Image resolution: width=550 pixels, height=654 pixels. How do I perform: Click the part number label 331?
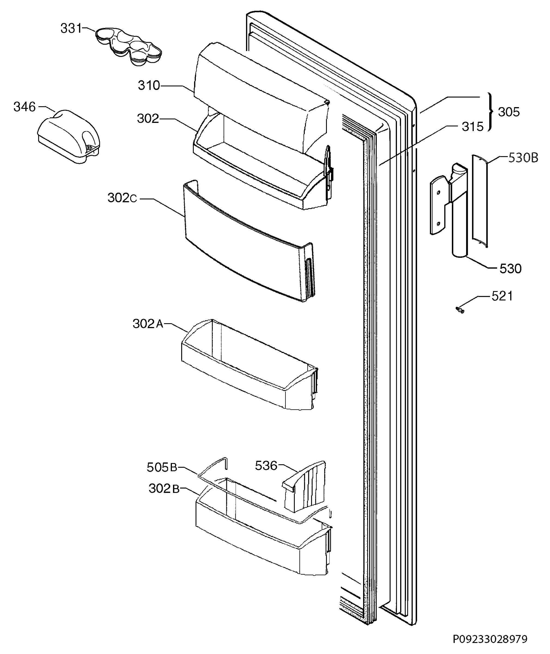pos(71,28)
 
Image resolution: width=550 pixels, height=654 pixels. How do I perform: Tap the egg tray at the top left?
pos(129,46)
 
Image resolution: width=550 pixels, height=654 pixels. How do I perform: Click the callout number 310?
pos(149,86)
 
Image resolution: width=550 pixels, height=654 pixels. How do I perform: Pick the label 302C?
pos(122,198)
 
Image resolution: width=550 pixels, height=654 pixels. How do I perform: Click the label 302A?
pos(148,324)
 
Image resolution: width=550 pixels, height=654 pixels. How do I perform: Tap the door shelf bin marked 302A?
pos(250,364)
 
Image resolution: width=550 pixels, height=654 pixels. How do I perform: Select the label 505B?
pos(162,467)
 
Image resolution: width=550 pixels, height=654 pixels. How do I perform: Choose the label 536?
pos(266,466)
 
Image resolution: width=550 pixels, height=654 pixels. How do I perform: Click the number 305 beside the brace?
pos(509,112)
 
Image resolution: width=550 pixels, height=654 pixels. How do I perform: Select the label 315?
pos(473,127)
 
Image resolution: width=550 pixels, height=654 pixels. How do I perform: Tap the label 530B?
pos(523,158)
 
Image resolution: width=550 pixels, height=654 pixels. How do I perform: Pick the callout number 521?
pos(502,296)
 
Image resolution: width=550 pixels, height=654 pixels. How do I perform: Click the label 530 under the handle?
pos(511,268)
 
